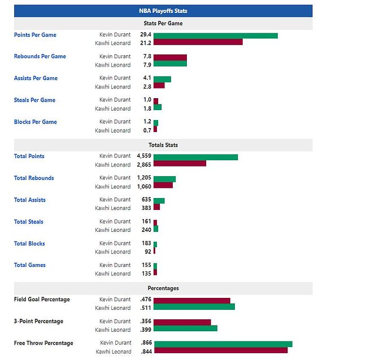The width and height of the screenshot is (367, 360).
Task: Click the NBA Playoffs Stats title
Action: click(x=163, y=11)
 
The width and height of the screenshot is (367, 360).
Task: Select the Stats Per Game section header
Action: click(x=163, y=23)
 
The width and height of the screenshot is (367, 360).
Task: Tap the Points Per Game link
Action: click(x=35, y=35)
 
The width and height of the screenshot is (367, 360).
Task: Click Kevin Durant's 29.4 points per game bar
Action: click(x=215, y=35)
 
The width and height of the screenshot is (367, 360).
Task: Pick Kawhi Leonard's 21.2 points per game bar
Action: click(x=198, y=42)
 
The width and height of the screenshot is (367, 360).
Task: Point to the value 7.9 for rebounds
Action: click(x=146, y=65)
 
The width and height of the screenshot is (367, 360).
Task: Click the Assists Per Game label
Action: click(x=36, y=78)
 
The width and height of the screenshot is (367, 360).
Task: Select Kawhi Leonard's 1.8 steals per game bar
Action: click(x=157, y=107)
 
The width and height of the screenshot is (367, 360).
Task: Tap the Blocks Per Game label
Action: click(x=35, y=122)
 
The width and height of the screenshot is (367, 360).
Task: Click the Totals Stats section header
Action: click(x=163, y=145)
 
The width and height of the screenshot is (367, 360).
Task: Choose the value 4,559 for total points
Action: click(x=143, y=156)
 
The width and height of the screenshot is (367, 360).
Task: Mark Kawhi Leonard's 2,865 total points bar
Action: click(x=180, y=163)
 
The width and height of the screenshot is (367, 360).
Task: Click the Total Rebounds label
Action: click(x=34, y=178)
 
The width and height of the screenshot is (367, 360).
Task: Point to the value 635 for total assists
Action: click(x=146, y=200)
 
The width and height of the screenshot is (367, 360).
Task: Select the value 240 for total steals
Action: click(x=146, y=230)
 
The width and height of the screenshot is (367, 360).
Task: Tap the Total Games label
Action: click(x=30, y=265)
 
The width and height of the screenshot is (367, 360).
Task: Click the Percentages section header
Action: click(x=163, y=288)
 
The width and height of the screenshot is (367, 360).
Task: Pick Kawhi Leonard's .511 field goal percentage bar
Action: click(x=194, y=306)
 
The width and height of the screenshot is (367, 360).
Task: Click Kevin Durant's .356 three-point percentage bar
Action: click(x=182, y=322)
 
